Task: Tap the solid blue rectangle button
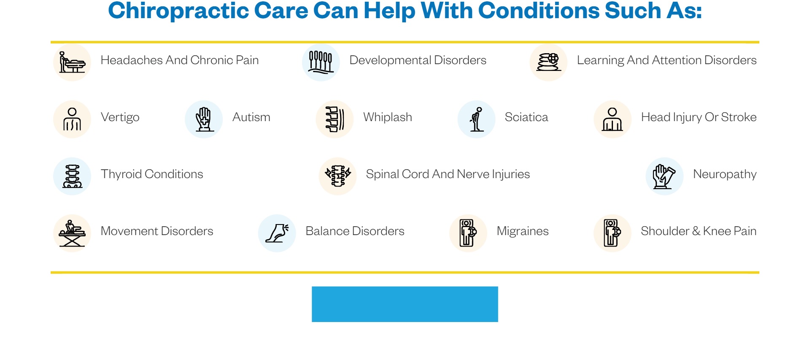click(405, 304)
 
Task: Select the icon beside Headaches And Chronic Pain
click(72, 62)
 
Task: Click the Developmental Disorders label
click(418, 60)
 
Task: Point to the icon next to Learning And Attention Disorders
click(548, 62)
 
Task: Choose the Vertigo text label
click(120, 117)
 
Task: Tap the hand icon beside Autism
click(204, 119)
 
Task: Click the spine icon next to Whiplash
click(335, 119)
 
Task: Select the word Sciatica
click(526, 117)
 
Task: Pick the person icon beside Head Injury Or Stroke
click(613, 119)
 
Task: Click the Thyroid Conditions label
click(152, 174)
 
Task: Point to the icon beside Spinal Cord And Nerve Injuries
click(337, 176)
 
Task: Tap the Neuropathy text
click(725, 174)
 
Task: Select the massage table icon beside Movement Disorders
click(72, 233)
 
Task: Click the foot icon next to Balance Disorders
click(277, 233)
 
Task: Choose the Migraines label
click(523, 231)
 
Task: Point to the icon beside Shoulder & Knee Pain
click(612, 233)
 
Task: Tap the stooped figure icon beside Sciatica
click(476, 119)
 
